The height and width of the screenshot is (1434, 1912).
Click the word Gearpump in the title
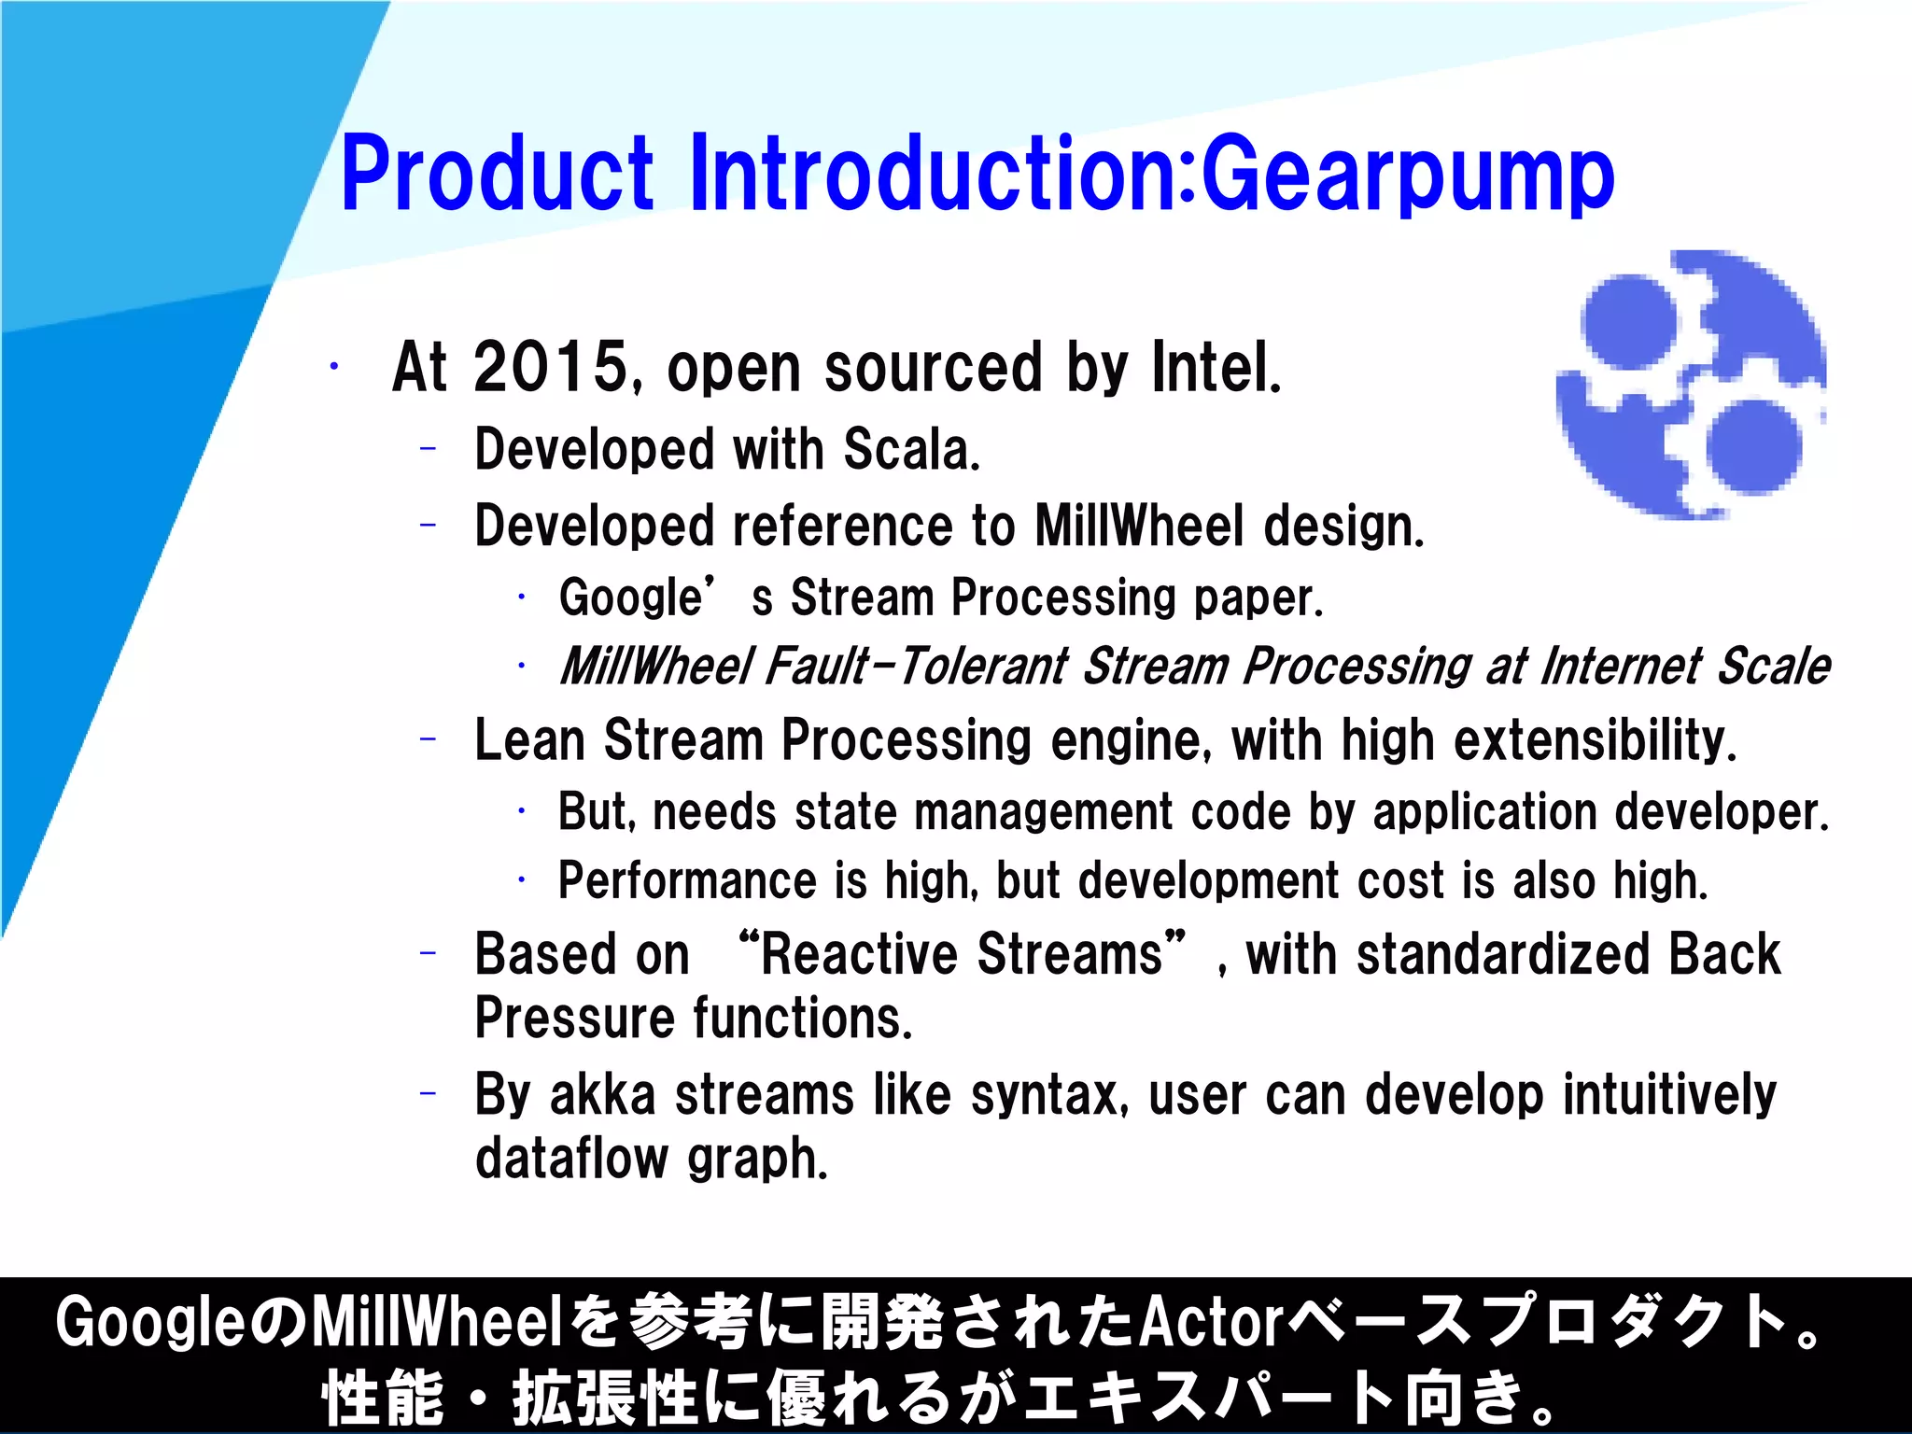tap(1407, 176)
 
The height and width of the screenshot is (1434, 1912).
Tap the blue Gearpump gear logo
tap(1691, 385)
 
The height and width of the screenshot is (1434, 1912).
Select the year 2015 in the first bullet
tap(552, 367)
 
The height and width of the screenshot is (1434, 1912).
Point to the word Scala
tap(911, 449)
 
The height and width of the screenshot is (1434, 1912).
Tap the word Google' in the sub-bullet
tap(636, 597)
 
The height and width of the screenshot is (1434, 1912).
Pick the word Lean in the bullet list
tap(529, 740)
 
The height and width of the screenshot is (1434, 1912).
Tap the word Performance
tap(687, 880)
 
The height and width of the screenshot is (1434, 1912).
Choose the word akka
tap(602, 1095)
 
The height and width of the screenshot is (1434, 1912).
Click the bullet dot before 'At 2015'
tap(333, 367)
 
